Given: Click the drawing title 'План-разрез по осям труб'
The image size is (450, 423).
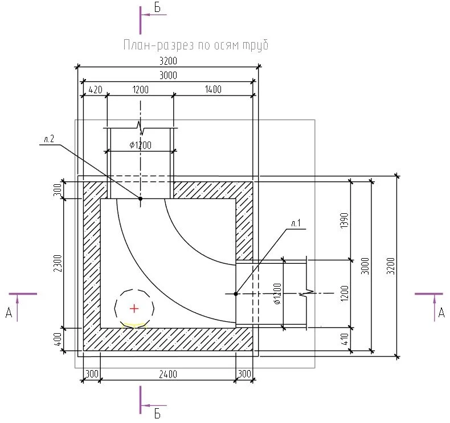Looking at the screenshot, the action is pyautogui.click(x=196, y=45).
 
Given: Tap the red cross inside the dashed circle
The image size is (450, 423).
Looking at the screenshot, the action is pyautogui.click(x=134, y=309).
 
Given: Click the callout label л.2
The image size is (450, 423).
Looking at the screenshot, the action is pyautogui.click(x=49, y=139).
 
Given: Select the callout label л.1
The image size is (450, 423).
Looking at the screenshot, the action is pyautogui.click(x=296, y=223).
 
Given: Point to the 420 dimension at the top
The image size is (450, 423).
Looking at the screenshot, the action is pyautogui.click(x=95, y=90).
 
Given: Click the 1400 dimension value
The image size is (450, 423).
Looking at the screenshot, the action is pyautogui.click(x=213, y=89).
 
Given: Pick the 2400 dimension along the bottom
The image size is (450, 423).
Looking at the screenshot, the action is pyautogui.click(x=168, y=374).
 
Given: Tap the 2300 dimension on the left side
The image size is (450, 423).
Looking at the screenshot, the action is pyautogui.click(x=58, y=263).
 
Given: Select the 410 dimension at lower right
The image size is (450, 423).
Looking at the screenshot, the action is pyautogui.click(x=345, y=339).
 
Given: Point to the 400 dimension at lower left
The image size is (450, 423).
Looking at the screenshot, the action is pyautogui.click(x=58, y=339).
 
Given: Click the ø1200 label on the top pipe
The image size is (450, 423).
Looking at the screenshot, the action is pyautogui.click(x=140, y=145).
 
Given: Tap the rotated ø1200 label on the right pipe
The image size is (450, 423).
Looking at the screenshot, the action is pyautogui.click(x=277, y=293).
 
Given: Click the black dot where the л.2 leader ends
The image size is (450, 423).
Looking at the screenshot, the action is pyautogui.click(x=140, y=198).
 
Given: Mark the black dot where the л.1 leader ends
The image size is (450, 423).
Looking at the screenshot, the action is pyautogui.click(x=236, y=294).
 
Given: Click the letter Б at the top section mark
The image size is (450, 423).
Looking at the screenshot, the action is pyautogui.click(x=157, y=8).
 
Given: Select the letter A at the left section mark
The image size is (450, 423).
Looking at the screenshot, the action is pyautogui.click(x=9, y=313).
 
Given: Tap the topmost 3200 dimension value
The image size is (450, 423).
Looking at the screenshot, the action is pyautogui.click(x=168, y=61).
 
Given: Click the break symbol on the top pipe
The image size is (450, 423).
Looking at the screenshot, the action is pyautogui.click(x=140, y=128).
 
